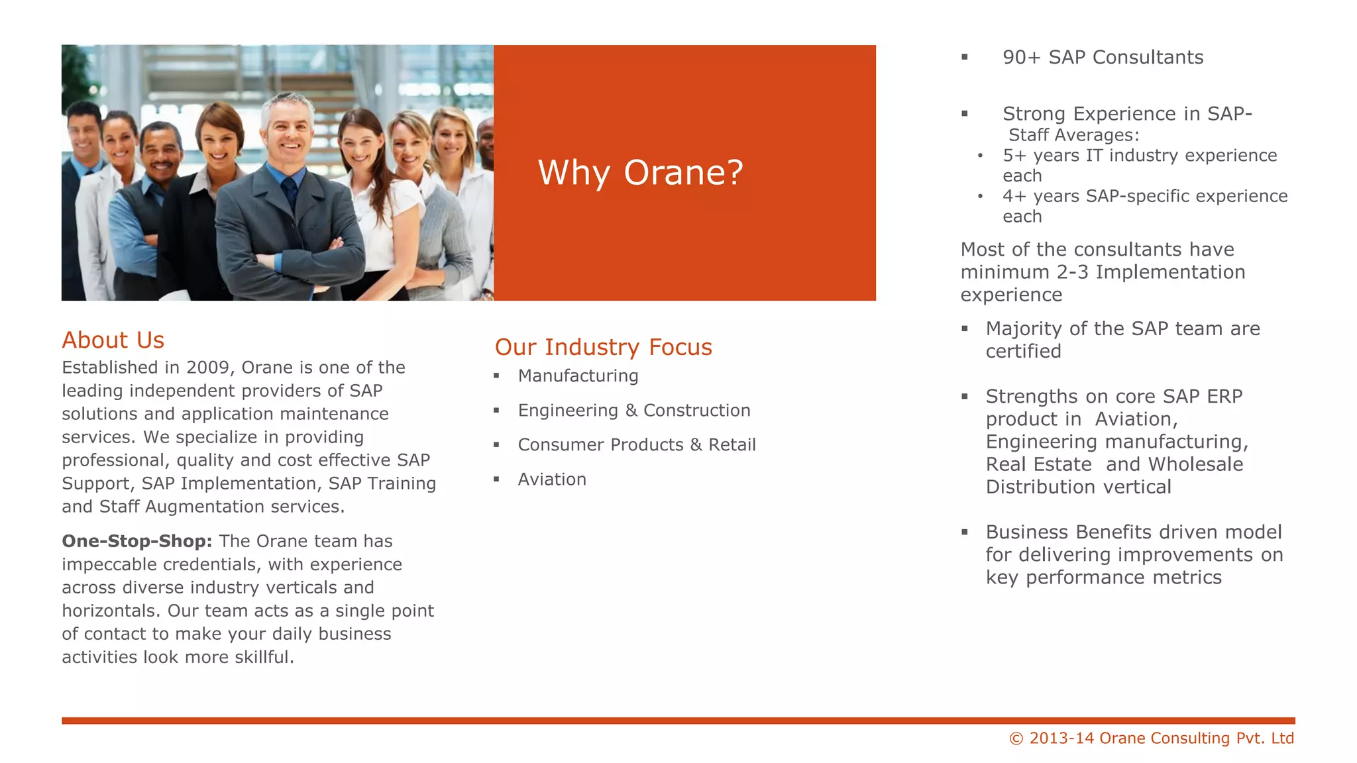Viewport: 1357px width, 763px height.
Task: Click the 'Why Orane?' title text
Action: [640, 173]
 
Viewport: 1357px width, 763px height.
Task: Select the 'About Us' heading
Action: [113, 340]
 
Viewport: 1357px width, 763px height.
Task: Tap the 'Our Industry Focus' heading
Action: [603, 347]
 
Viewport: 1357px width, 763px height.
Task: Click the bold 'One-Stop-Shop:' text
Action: [136, 541]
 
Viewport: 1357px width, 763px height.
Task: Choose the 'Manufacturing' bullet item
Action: [578, 376]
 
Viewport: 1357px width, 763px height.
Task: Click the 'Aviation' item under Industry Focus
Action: [552, 480]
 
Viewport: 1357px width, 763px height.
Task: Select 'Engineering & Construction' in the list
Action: [633, 411]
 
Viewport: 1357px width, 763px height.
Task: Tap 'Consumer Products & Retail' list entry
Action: [636, 445]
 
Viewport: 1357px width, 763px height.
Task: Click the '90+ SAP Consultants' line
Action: [1103, 58]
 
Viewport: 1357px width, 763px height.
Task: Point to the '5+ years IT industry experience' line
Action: [1139, 156]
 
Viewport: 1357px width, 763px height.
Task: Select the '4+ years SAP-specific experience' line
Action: [1144, 197]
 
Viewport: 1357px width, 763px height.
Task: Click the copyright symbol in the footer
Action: [1016, 738]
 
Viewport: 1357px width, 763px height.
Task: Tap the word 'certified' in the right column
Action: [1023, 351]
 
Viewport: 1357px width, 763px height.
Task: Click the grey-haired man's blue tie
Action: [290, 192]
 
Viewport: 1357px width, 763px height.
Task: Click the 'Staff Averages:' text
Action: [1073, 135]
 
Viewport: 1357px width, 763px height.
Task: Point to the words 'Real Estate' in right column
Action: [1038, 464]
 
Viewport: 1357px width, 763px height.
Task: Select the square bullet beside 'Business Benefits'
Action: [965, 532]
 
